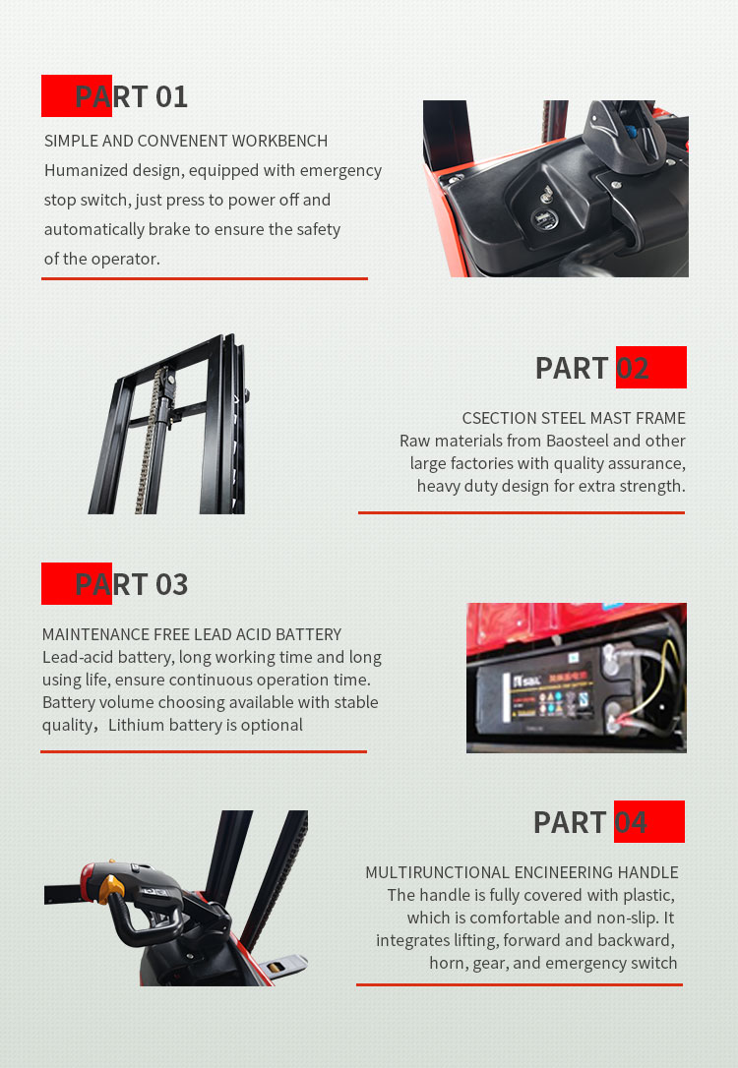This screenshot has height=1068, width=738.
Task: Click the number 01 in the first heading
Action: tap(171, 96)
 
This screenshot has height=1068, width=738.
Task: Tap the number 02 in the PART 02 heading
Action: tap(633, 369)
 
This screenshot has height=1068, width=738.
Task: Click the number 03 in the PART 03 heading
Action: tap(171, 584)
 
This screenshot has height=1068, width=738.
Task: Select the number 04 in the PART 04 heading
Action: tap(631, 822)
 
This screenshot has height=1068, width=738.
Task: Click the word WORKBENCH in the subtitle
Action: tap(280, 141)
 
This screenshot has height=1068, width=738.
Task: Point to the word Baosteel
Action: tap(577, 441)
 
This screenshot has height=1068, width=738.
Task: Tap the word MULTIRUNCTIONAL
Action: tap(437, 872)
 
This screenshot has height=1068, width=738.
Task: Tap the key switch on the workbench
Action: tap(546, 196)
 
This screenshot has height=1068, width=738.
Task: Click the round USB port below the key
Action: tap(544, 219)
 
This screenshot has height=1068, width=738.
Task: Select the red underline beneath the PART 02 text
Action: tap(522, 512)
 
